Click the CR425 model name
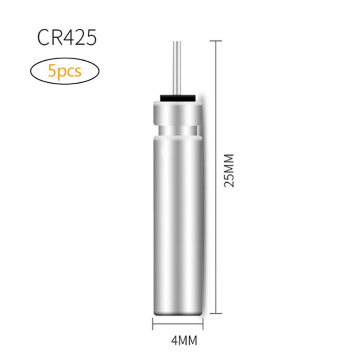click(x=67, y=38)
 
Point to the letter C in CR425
click(x=44, y=38)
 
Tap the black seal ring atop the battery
click(x=178, y=98)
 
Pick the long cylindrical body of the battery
click(x=178, y=216)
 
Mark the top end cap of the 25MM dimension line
click(x=216, y=41)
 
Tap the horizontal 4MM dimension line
click(x=178, y=324)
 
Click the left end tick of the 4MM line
click(x=153, y=324)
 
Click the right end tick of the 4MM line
click(x=202, y=324)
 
